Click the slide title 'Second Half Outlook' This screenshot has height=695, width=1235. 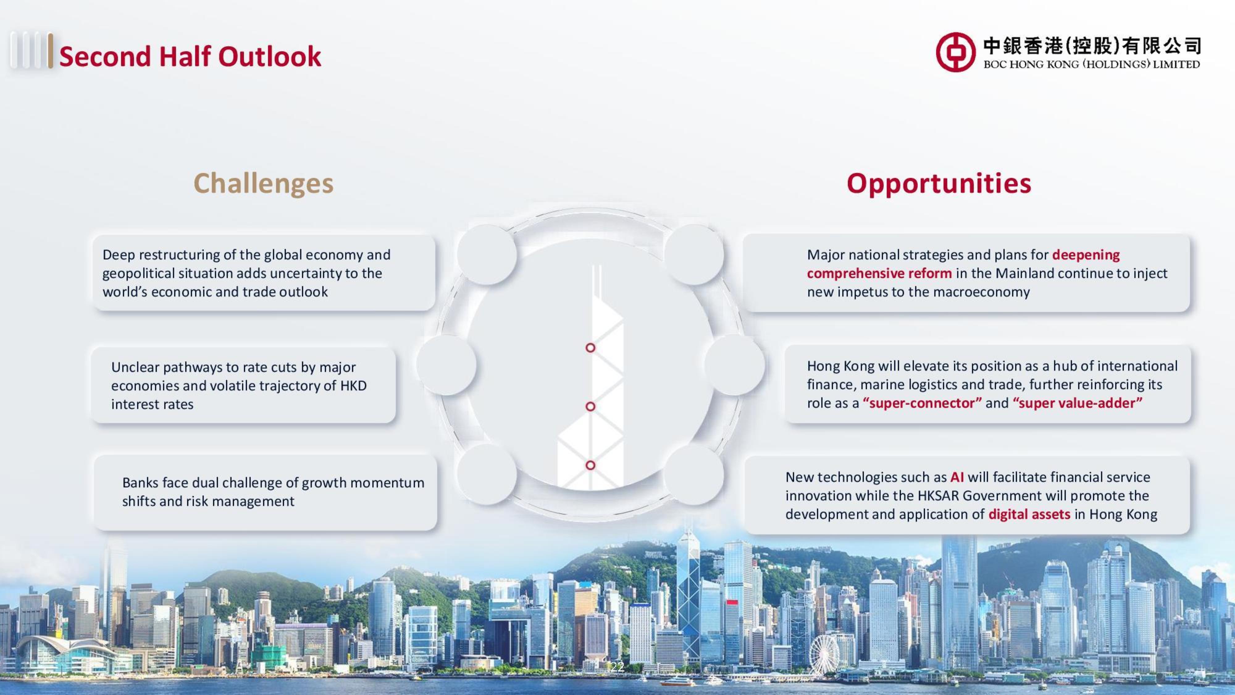pyautogui.click(x=190, y=56)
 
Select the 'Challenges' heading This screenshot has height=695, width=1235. pyautogui.click(x=263, y=184)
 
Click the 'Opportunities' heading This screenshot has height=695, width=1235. pyautogui.click(x=939, y=184)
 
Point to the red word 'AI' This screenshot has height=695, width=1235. pyautogui.click(x=957, y=477)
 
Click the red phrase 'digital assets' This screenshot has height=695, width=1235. pyautogui.click(x=1029, y=515)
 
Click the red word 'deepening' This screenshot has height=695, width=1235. pyautogui.click(x=1086, y=255)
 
